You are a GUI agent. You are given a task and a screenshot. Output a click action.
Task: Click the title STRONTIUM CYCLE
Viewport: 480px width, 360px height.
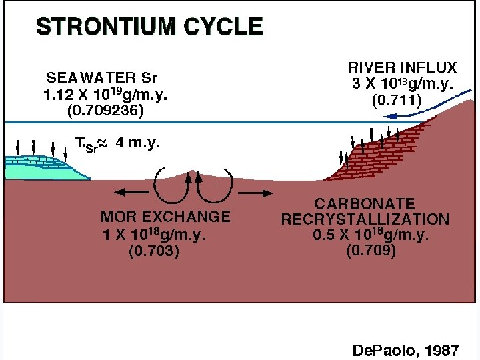point(149,27)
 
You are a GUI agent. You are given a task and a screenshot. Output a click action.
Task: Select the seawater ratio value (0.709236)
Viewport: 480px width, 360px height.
point(105,111)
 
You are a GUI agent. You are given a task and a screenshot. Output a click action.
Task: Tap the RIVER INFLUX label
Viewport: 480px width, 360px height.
point(402,67)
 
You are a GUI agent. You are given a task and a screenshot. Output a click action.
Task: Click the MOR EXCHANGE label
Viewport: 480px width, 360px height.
point(165,216)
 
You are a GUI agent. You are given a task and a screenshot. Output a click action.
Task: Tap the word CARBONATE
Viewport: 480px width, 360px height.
point(365,203)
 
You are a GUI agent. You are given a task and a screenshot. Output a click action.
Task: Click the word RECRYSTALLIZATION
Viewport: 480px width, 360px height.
point(365,219)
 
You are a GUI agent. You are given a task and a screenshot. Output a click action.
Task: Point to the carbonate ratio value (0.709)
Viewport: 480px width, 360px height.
point(371,251)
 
